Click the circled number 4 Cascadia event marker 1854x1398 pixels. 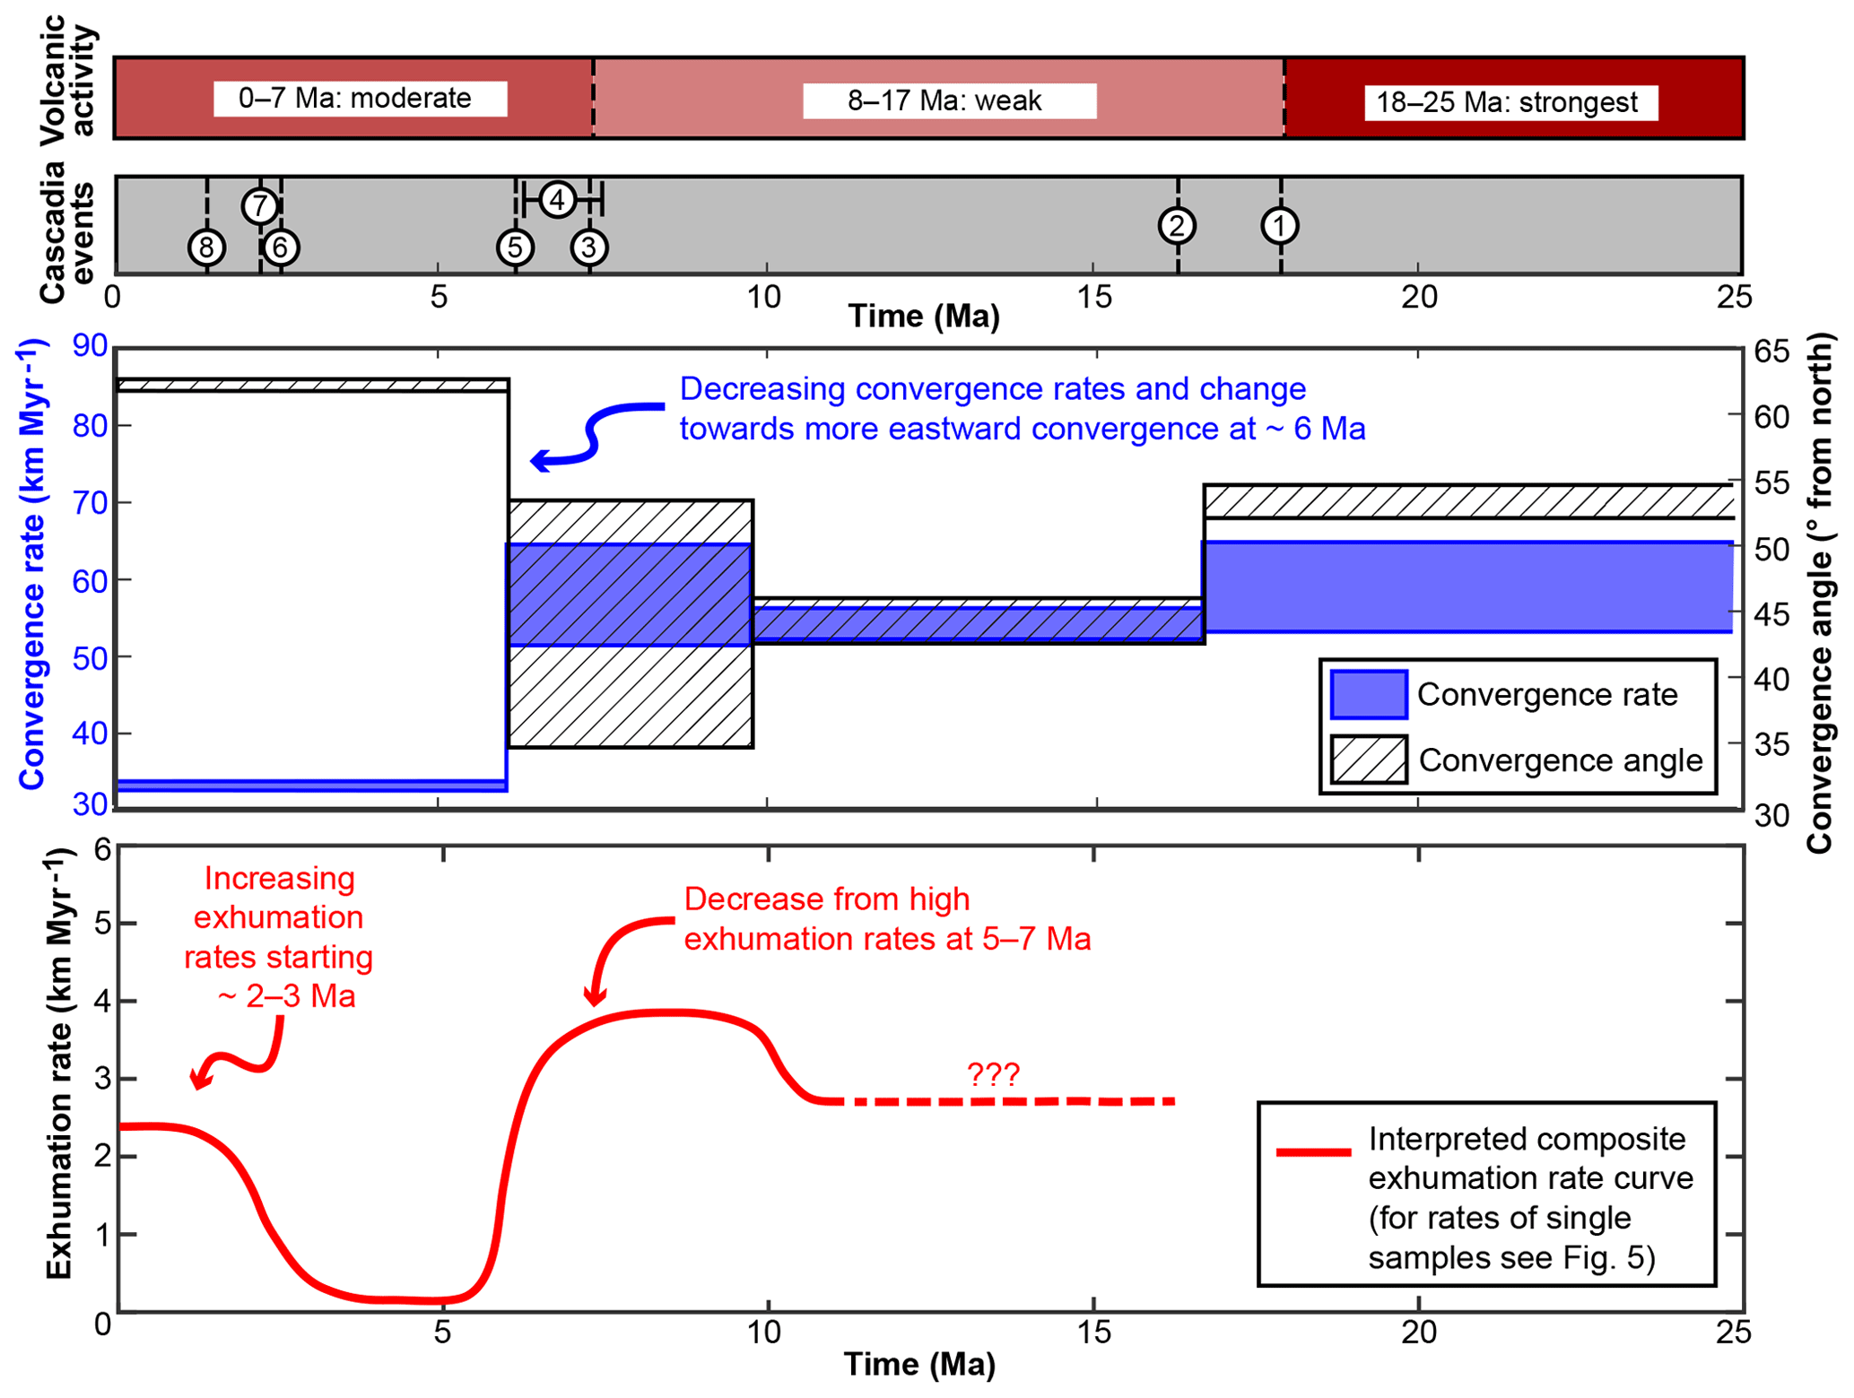point(557,199)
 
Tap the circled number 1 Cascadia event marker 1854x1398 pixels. point(1279,225)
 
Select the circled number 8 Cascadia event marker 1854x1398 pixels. point(206,247)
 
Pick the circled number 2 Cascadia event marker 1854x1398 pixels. point(1177,225)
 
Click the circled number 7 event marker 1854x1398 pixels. point(259,206)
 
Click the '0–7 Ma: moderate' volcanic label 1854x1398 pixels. point(360,98)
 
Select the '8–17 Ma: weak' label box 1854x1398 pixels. point(949,100)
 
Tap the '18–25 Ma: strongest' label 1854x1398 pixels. point(1510,102)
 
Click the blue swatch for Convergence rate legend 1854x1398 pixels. point(1368,694)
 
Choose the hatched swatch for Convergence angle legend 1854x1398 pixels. point(1368,760)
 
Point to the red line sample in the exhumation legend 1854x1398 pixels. point(1313,1151)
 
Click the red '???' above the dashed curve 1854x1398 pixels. point(993,1073)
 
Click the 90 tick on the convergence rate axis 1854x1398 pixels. point(91,345)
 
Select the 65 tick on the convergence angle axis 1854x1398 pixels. point(1771,352)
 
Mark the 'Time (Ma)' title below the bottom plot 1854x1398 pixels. point(919,1364)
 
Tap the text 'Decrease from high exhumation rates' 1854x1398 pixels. point(826,899)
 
